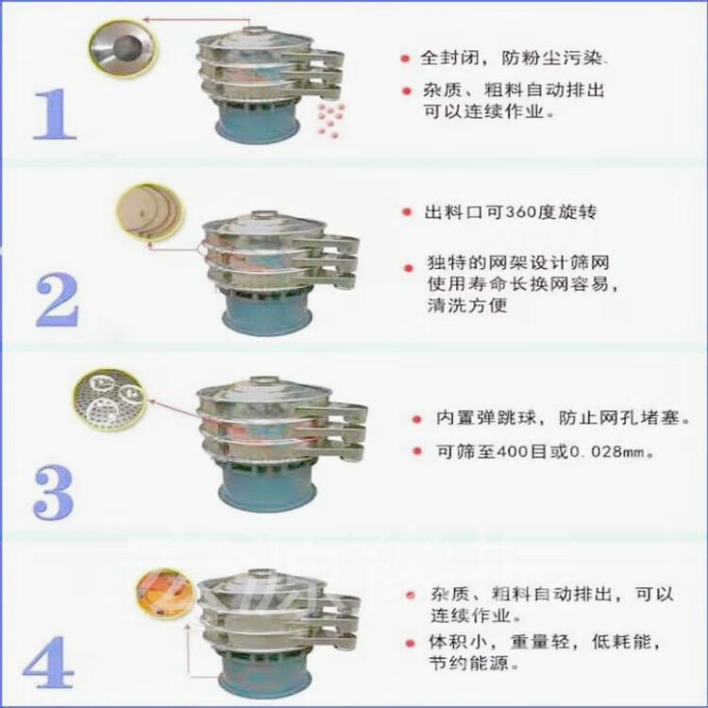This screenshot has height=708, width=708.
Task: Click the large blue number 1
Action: (55, 114)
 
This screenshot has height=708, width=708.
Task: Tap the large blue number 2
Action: (57, 299)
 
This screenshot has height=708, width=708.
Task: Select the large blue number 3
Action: (53, 492)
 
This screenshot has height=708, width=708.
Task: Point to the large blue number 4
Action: (49, 662)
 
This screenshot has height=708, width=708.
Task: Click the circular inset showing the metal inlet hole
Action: (124, 48)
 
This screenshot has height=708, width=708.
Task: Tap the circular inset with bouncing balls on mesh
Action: (110, 399)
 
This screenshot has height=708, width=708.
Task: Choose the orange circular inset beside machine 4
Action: (166, 593)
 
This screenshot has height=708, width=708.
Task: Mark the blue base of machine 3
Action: (266, 490)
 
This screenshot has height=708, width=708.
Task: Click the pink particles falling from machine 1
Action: (330, 119)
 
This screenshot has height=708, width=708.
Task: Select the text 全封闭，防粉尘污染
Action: (512, 58)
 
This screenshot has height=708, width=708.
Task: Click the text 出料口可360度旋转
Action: (510, 211)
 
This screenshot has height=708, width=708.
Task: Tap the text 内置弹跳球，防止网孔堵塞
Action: (563, 417)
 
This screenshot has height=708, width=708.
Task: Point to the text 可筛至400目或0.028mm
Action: (545, 451)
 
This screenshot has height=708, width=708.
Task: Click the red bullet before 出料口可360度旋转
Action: (407, 211)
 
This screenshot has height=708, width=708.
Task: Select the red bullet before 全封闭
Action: (406, 59)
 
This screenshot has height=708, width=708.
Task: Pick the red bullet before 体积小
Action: (410, 643)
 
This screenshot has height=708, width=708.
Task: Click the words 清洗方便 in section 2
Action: (467, 305)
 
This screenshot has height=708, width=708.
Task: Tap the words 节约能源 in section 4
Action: (469, 663)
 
